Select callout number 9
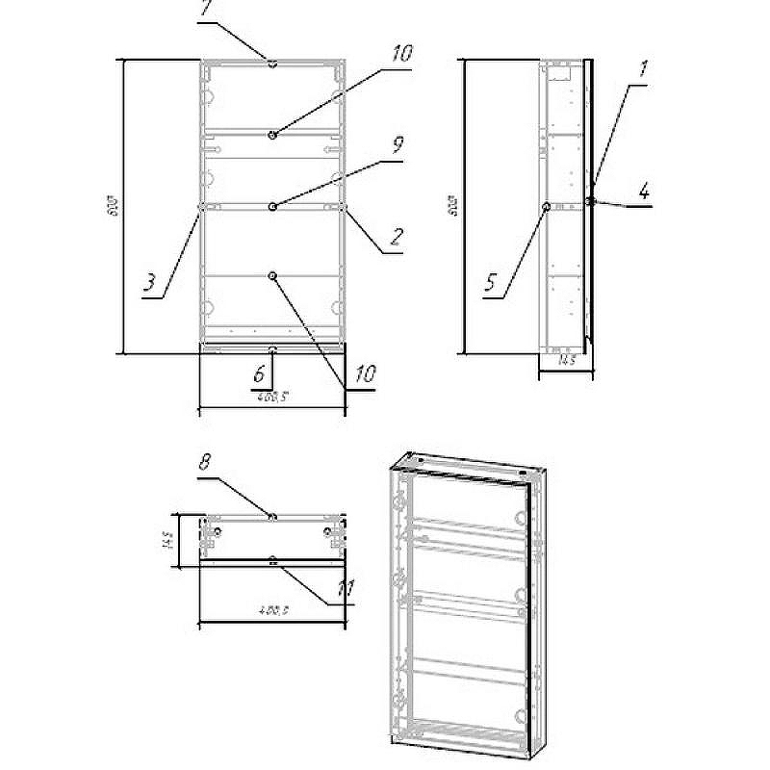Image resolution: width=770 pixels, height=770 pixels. (398, 143)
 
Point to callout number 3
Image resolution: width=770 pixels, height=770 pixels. (150, 284)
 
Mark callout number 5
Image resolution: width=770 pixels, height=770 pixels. (491, 283)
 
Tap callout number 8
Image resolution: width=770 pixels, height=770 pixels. (204, 463)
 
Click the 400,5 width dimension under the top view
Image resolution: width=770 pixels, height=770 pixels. (273, 609)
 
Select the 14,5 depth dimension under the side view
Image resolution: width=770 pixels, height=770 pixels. (566, 361)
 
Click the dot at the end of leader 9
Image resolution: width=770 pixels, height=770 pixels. (273, 206)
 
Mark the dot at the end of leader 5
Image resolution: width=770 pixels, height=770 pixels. (547, 206)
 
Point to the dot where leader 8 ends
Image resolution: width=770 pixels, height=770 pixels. (273, 517)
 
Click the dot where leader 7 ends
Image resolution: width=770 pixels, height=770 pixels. (273, 64)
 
